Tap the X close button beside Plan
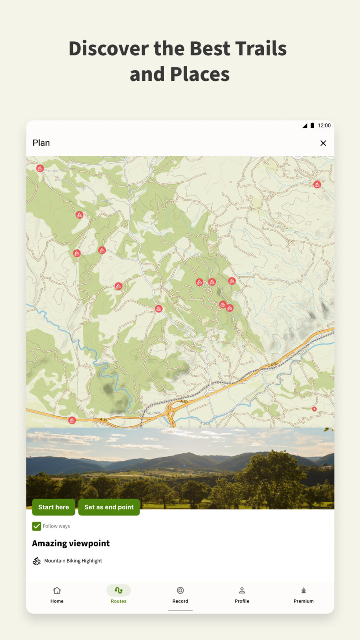(323, 143)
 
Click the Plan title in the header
(41, 143)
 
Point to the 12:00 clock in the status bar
(324, 125)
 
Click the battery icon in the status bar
(312, 125)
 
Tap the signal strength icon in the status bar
(305, 125)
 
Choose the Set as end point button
(109, 507)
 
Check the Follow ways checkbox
(37, 526)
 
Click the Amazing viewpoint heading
(71, 543)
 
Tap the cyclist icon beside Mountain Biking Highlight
(37, 561)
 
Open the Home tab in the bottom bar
(57, 595)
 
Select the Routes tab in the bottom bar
(118, 595)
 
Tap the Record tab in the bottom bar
(180, 595)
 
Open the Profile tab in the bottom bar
(242, 595)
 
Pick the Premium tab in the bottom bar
(303, 595)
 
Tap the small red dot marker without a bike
(314, 409)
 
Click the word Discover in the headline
(108, 48)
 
